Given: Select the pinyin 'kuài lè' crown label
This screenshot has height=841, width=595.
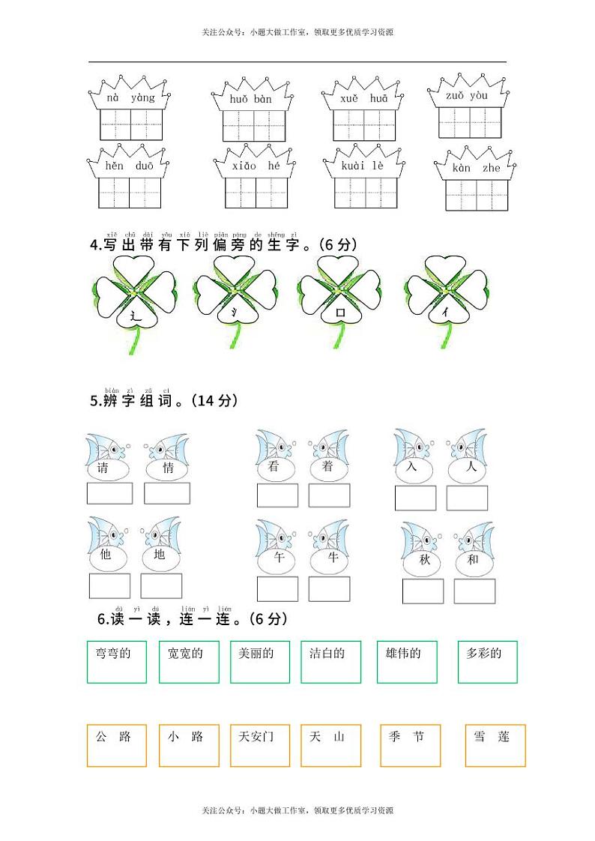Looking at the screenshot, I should pyautogui.click(x=363, y=166).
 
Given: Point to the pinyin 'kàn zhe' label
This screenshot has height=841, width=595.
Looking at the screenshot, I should pyautogui.click(x=476, y=168).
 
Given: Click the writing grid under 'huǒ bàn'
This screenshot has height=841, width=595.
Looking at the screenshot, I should pyautogui.click(x=254, y=125).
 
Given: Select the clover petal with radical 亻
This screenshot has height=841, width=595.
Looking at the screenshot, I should pyautogui.click(x=447, y=315).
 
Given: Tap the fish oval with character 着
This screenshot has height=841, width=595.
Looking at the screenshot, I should pyautogui.click(x=327, y=467).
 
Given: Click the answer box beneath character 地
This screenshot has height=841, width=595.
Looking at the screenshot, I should pyautogui.click(x=161, y=586).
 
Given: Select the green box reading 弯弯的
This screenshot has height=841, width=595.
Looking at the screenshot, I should pyautogui.click(x=116, y=661).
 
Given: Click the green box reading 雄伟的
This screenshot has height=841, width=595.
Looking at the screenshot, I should pyautogui.click(x=406, y=661).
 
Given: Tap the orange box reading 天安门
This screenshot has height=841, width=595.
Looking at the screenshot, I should pyautogui.click(x=260, y=745).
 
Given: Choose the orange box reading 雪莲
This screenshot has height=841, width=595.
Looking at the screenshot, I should pyautogui.click(x=495, y=745).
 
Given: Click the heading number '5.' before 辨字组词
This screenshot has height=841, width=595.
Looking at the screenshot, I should pyautogui.click(x=94, y=402).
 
